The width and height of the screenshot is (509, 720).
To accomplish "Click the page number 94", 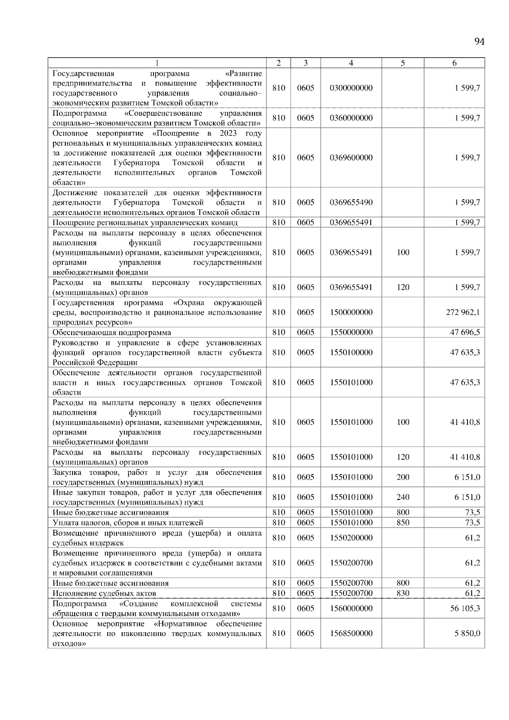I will (x=479, y=42).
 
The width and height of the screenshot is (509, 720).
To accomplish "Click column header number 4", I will (x=351, y=63).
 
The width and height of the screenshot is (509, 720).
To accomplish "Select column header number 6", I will (x=454, y=63).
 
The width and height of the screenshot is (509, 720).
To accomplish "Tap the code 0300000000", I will (x=351, y=88).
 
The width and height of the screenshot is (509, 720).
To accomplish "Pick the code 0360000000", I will (x=351, y=118).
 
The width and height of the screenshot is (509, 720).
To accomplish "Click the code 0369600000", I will (x=351, y=158).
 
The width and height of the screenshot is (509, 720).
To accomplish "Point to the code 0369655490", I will (x=351, y=203).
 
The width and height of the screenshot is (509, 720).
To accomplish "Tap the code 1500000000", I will (x=351, y=313).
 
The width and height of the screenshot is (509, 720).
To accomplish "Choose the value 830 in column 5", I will (x=403, y=593).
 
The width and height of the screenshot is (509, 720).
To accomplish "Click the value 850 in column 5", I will (x=403, y=523).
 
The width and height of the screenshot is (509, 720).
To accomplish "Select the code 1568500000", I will (x=351, y=633).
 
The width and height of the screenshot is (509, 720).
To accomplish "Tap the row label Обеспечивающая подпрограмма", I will (x=112, y=332).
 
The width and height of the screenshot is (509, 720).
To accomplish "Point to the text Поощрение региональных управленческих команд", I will (x=145, y=223).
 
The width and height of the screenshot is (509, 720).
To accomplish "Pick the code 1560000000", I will (x=351, y=608).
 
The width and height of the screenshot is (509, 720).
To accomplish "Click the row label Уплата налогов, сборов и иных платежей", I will (x=128, y=523).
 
